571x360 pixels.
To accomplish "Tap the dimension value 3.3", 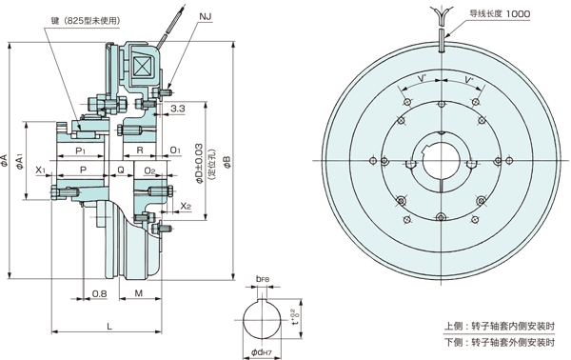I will click(178, 110).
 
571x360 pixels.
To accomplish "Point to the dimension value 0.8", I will click(99, 294).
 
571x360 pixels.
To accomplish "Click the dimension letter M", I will click(139, 294).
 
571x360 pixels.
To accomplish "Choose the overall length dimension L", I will click(110, 327).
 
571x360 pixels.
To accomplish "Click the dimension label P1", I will click(80, 151).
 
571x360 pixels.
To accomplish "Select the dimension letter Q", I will click(120, 170).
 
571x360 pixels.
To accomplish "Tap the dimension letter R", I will click(140, 151).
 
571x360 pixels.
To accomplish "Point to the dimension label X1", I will click(41, 170).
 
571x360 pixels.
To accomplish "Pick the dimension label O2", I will click(149, 170).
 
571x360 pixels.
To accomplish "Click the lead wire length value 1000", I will click(518, 14).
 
